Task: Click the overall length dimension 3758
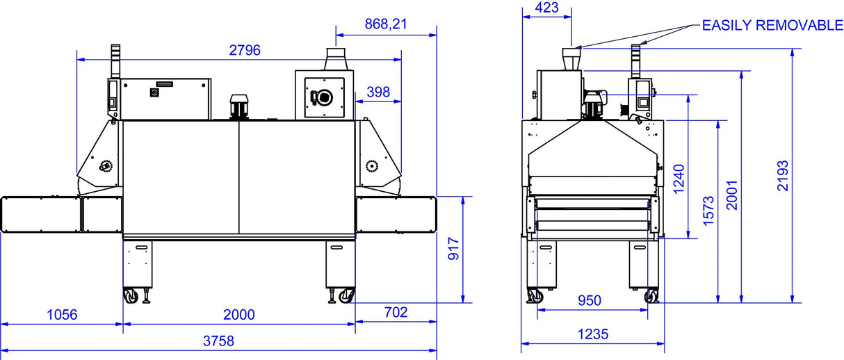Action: (219, 341)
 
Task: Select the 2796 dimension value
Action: (245, 50)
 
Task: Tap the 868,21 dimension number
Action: (385, 24)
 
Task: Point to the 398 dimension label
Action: (378, 92)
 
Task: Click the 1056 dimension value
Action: (61, 314)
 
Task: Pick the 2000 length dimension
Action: (238, 314)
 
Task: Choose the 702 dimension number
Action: (396, 313)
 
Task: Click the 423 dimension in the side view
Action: (546, 8)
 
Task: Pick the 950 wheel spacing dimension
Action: (590, 301)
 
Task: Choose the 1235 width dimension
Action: (592, 334)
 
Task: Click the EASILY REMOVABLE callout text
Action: (772, 26)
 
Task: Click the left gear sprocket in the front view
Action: (106, 166)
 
